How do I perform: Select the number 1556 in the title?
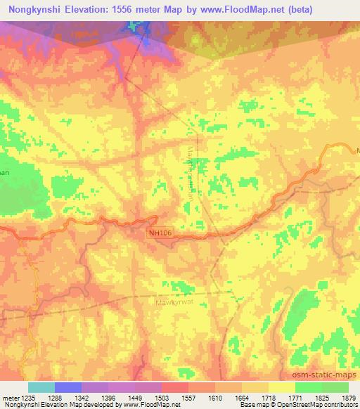point(133,10)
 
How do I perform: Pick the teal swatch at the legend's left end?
point(41,387)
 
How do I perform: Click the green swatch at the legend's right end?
point(335,387)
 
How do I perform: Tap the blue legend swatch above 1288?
point(68,387)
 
